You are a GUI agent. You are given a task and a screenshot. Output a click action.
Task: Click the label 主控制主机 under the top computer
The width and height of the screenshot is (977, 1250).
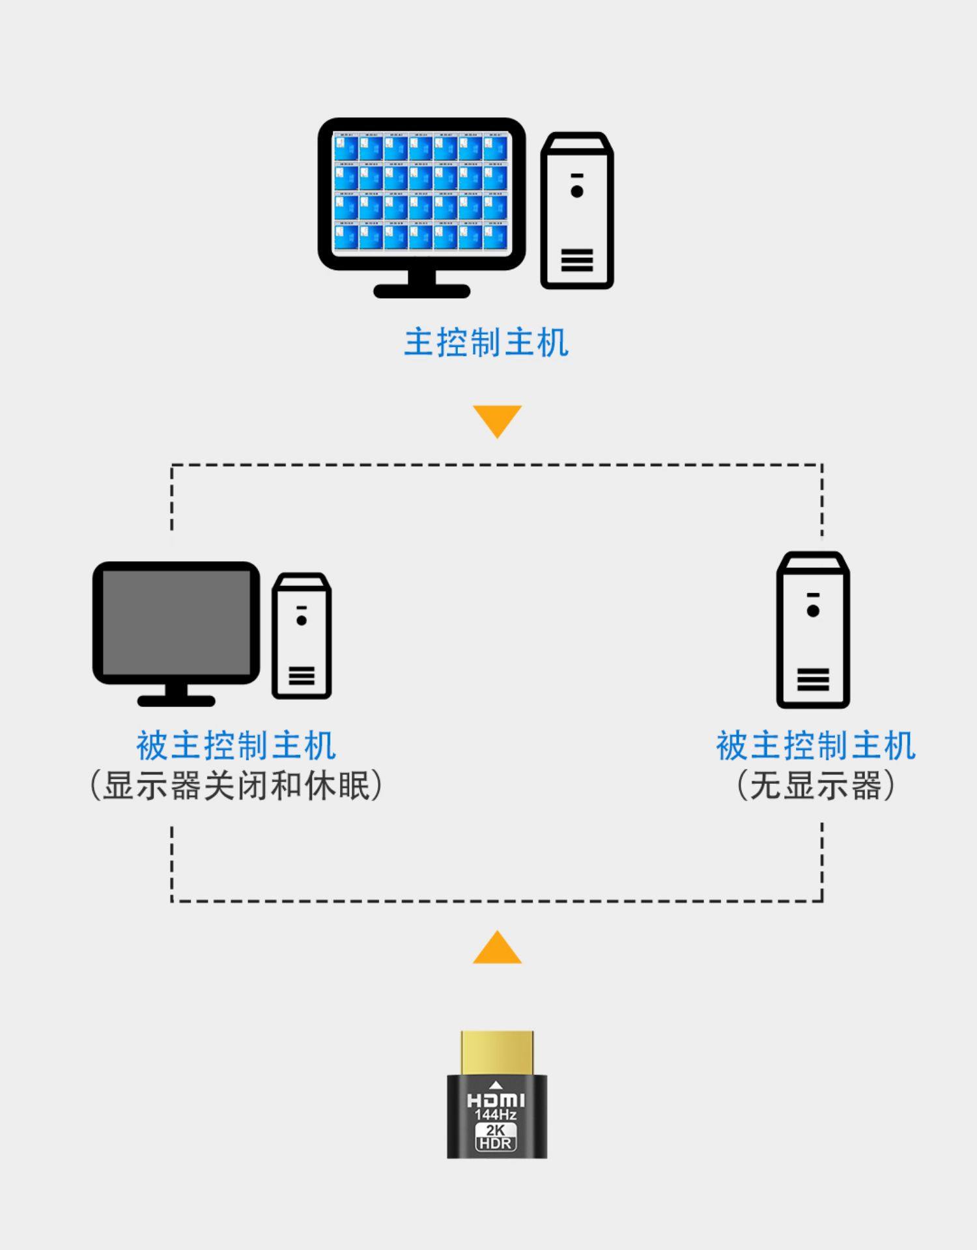tap(486, 342)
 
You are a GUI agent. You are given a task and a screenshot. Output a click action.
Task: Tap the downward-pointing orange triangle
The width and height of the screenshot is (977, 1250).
tap(497, 419)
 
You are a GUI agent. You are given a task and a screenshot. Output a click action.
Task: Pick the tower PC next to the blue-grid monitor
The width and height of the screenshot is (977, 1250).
tap(577, 210)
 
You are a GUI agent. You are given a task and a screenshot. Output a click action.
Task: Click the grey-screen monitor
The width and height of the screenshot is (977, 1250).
tap(177, 624)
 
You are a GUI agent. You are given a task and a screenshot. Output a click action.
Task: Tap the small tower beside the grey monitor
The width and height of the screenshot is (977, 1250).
tap(302, 636)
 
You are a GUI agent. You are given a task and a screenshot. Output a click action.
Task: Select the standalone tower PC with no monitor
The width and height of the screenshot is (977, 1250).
tap(813, 630)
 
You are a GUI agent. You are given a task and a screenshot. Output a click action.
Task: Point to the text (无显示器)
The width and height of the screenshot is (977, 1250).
tap(815, 786)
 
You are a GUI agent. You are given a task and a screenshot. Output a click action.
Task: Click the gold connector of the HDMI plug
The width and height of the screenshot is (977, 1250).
tap(497, 1052)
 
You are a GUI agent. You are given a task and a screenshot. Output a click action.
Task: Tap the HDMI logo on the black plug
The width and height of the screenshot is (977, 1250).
tap(496, 1100)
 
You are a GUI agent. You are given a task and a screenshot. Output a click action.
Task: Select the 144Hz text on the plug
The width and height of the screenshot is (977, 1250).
tap(496, 1115)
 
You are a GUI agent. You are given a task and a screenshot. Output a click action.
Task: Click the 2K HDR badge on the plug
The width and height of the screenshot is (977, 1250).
tap(496, 1137)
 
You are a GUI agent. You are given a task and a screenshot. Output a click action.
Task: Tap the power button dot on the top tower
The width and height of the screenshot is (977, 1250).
tap(576, 191)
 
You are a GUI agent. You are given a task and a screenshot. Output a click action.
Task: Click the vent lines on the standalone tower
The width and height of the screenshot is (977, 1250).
tap(813, 679)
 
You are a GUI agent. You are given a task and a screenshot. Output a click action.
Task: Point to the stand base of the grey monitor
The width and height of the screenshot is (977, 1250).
tap(177, 701)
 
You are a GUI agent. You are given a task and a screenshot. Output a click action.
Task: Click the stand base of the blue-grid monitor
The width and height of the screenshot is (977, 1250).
tap(421, 290)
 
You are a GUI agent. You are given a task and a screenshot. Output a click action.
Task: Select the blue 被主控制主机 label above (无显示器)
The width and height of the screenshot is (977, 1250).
tap(815, 745)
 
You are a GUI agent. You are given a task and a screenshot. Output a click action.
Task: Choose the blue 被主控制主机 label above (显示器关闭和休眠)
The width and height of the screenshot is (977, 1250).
tap(236, 745)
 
